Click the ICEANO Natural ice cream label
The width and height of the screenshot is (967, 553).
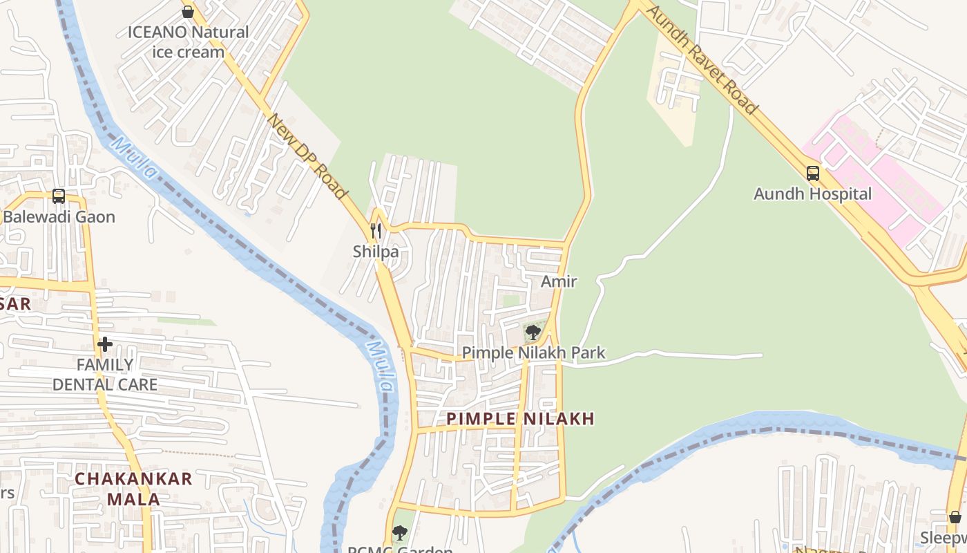[188, 41]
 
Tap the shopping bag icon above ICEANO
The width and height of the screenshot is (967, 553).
[187, 11]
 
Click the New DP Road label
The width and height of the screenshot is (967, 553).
[306, 157]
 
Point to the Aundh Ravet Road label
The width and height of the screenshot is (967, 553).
[703, 61]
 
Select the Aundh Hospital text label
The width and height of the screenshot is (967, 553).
[812, 194]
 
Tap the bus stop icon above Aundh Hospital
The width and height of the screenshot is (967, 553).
[813, 174]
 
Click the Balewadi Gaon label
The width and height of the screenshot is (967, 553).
[59, 217]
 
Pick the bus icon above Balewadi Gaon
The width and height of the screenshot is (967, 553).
[59, 196]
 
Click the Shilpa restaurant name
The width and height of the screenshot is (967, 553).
[376, 252]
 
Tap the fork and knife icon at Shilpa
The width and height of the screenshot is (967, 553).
[376, 231]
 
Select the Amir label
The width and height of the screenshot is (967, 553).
[559, 281]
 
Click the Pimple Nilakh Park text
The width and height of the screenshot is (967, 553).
[533, 353]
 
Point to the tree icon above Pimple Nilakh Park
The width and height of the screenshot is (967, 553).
[533, 333]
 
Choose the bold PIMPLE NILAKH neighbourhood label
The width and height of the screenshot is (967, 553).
[520, 418]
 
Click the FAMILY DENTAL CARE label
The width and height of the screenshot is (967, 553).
[105, 374]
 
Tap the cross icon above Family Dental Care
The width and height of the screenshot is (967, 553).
[105, 344]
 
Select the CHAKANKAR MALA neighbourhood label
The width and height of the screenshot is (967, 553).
[133, 489]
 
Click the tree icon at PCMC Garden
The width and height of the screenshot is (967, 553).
[399, 532]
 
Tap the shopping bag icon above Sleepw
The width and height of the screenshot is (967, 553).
[955, 517]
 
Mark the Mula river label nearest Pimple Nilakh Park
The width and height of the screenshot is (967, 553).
[381, 366]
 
